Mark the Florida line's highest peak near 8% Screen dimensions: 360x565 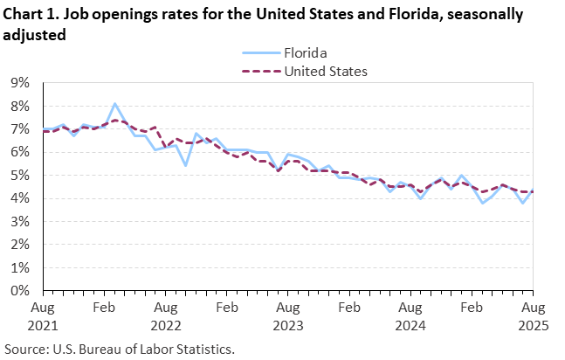tap(114, 104)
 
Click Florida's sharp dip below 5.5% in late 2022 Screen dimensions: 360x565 tap(185, 164)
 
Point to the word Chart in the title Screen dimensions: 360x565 tap(24, 16)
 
